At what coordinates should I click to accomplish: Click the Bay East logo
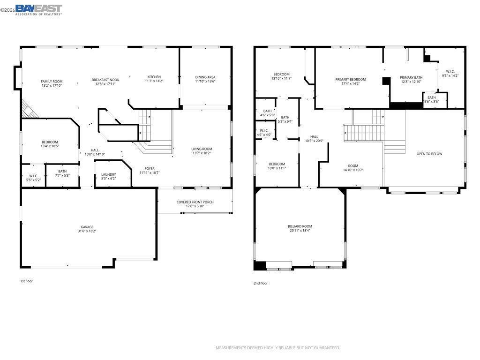point(38,9)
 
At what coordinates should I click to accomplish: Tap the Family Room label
point(52,82)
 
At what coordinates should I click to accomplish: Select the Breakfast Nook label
point(105,80)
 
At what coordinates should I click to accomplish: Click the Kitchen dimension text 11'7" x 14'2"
point(154,81)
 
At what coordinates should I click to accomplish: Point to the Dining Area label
point(205,77)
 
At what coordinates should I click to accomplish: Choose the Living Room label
point(202,149)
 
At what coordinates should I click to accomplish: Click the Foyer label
point(150,169)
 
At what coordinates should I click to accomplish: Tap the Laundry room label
point(109,174)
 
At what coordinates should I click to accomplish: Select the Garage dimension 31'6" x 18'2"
point(87,231)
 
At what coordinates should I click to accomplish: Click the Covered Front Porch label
point(195,202)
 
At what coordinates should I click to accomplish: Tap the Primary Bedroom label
point(351,79)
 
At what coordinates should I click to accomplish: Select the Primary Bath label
point(411,77)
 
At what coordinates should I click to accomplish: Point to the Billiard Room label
point(300,226)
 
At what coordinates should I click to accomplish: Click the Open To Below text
point(429,154)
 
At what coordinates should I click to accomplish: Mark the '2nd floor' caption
point(261,283)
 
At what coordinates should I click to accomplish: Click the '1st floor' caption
point(26,281)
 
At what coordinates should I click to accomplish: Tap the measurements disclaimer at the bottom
point(278,348)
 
